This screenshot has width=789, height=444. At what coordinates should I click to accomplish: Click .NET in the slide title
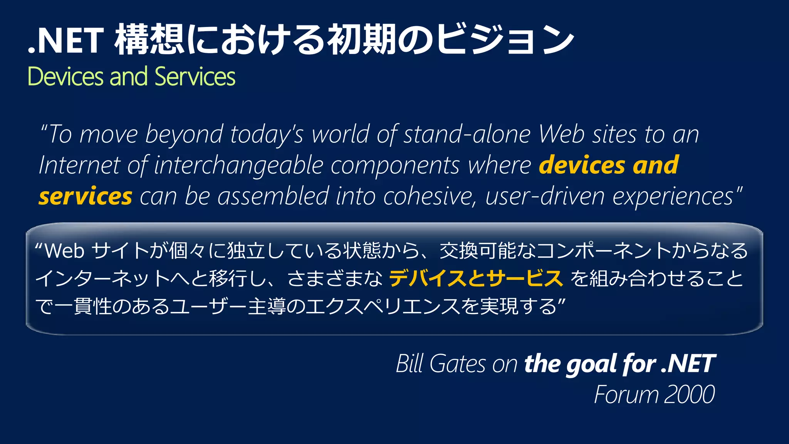coord(65,40)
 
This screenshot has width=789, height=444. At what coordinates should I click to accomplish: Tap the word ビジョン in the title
coord(505,40)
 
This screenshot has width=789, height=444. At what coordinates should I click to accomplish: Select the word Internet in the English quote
coord(79,166)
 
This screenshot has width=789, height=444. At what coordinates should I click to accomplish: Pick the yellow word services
coord(86,197)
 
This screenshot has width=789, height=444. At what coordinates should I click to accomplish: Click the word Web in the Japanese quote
coord(65,251)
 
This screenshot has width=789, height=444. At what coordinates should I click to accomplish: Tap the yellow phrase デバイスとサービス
coord(476,279)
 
